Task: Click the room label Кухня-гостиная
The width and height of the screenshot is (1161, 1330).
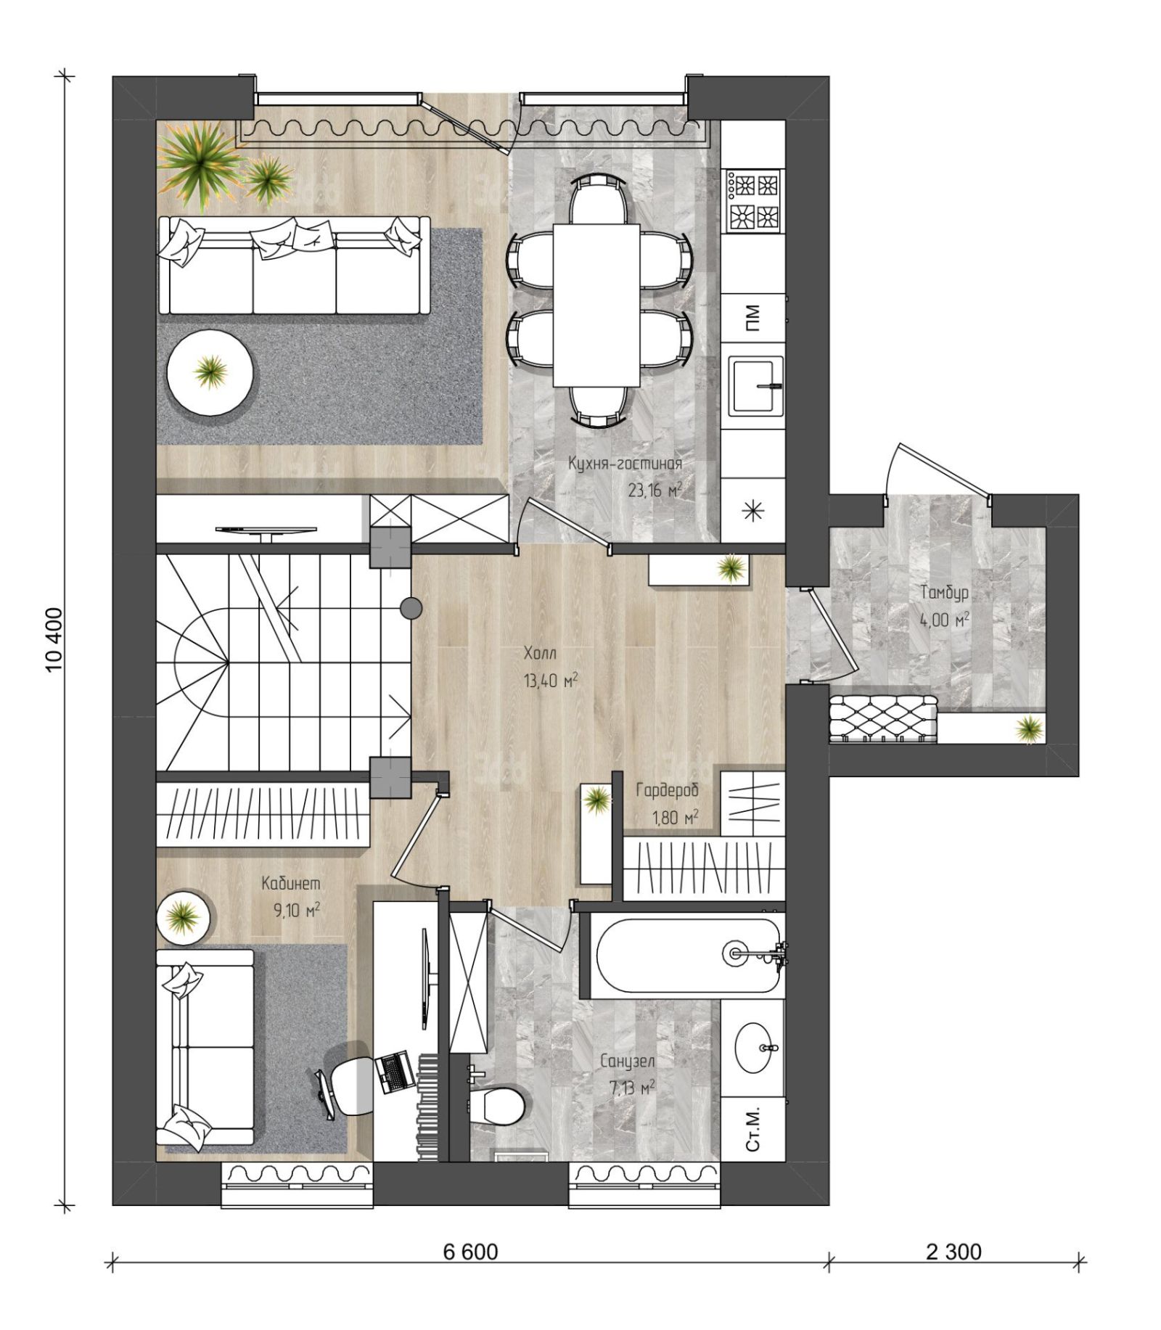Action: pos(625,463)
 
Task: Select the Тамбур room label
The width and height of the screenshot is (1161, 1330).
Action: pos(945,594)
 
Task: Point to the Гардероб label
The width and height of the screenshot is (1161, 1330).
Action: pos(667,790)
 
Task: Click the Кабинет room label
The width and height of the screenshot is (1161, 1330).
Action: pos(290,883)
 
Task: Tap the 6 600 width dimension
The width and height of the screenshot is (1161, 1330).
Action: pos(471,1252)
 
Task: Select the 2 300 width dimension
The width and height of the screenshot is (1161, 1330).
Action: pos(953,1252)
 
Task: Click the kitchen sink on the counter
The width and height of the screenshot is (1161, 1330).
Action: pos(756,385)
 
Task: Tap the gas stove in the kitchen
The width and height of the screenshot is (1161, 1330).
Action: pos(753,200)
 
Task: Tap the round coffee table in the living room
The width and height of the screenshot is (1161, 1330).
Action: pos(210,372)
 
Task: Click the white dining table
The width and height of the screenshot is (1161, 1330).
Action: pos(596,305)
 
